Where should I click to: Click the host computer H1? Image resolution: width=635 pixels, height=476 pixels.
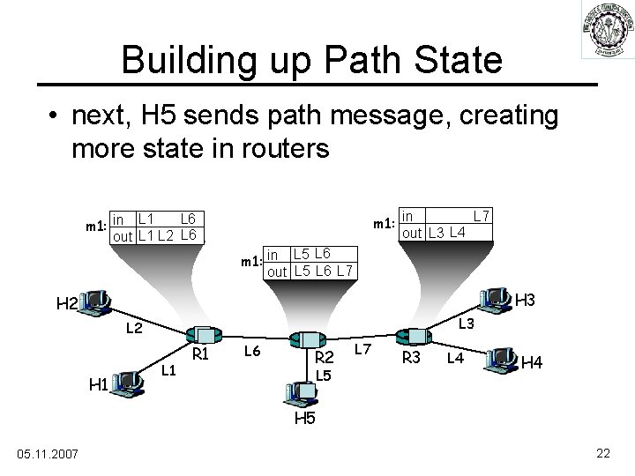click(128, 382)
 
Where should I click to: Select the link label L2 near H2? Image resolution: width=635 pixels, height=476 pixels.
click(134, 329)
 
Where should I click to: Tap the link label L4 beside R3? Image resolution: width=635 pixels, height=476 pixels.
click(455, 358)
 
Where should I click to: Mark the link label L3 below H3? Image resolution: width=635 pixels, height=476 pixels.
click(467, 324)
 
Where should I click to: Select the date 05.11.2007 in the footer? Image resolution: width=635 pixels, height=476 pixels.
click(49, 454)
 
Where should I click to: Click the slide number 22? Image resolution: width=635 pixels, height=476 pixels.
click(603, 453)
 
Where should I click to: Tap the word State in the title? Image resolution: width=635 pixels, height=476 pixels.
click(449, 60)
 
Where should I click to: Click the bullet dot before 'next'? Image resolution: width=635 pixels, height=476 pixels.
click(55, 115)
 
